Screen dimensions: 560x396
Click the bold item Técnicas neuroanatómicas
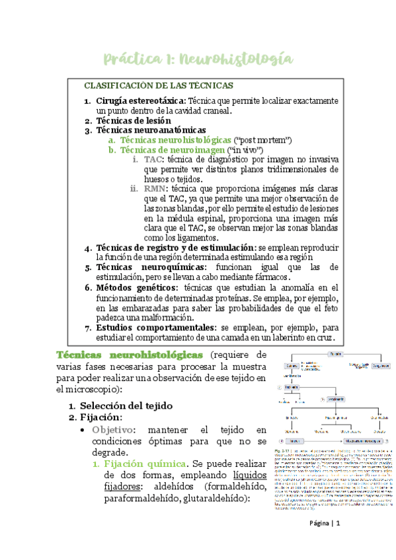(151, 131)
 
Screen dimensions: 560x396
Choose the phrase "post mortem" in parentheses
(263, 141)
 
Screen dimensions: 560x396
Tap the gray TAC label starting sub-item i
(153, 160)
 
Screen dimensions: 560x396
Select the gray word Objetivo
(114, 430)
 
